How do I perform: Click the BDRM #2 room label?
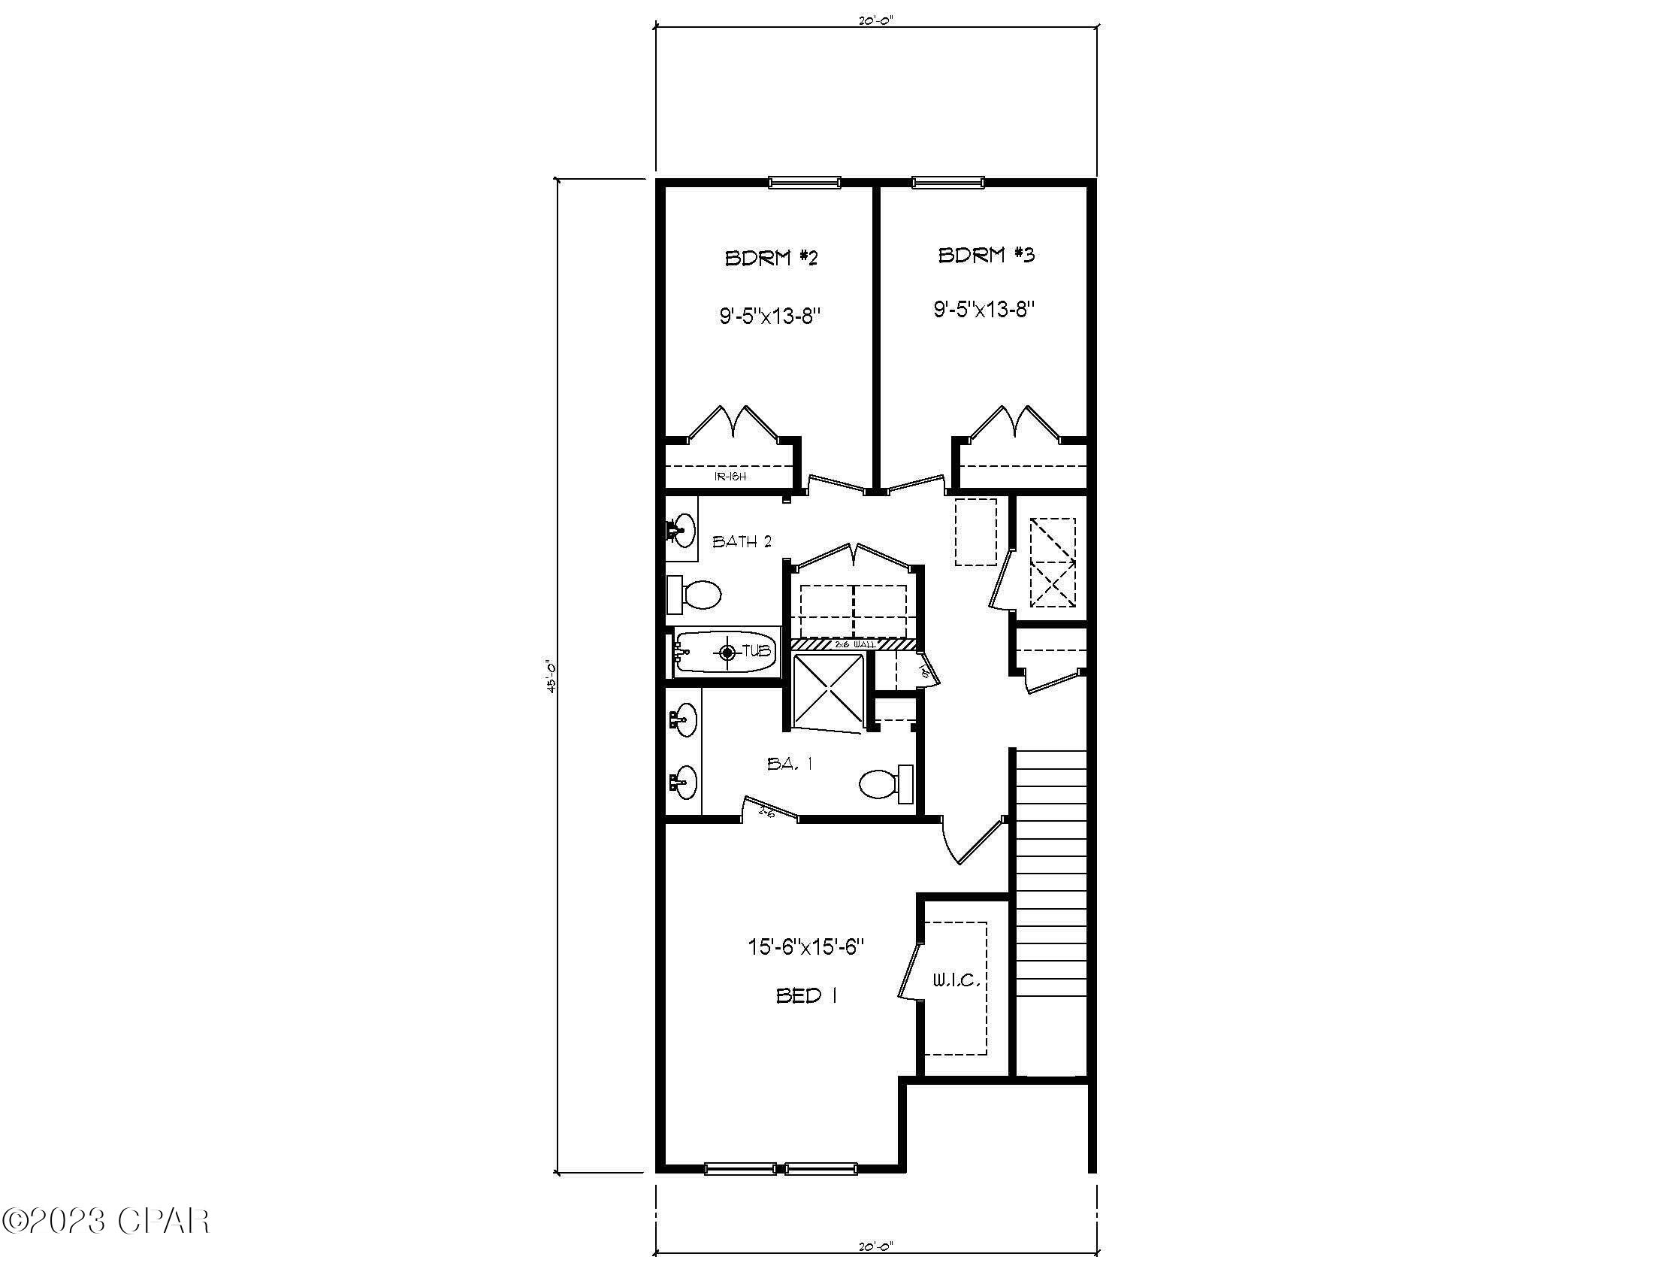(x=771, y=258)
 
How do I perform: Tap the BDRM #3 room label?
(x=987, y=254)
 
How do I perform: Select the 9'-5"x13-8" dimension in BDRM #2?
(x=770, y=316)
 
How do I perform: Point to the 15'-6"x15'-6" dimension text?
(x=806, y=946)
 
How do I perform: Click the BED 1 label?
(x=806, y=995)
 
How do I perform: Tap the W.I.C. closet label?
(x=956, y=981)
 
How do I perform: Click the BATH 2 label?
(x=742, y=541)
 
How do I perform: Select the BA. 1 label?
(x=790, y=764)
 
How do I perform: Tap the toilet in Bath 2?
(x=695, y=595)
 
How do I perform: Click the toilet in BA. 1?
(x=887, y=784)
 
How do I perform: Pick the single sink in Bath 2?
(x=681, y=531)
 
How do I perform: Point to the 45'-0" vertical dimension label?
(x=552, y=676)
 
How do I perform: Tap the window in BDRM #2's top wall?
(x=804, y=182)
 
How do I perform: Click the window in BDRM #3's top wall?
(x=947, y=182)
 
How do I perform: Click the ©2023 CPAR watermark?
(x=106, y=1220)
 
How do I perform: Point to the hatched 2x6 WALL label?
(x=854, y=644)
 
